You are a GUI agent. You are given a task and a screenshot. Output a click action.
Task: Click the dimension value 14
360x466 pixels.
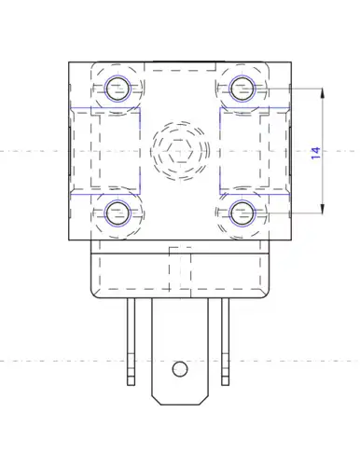(x=315, y=153)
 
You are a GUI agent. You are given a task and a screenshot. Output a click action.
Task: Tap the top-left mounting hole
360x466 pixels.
(x=118, y=89)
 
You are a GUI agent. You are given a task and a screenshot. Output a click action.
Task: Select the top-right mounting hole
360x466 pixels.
(x=242, y=89)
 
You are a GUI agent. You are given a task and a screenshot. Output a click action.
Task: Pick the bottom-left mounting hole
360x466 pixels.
(x=118, y=213)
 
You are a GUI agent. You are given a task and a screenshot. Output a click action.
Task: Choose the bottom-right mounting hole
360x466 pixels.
(x=242, y=213)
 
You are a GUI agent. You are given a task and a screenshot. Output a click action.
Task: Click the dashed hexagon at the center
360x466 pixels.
(x=180, y=151)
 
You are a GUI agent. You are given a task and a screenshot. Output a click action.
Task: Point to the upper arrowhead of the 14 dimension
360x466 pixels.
(x=323, y=93)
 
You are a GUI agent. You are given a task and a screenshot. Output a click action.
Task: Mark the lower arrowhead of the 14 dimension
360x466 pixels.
(x=323, y=209)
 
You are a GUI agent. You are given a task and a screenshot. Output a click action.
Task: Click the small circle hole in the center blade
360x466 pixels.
(x=180, y=369)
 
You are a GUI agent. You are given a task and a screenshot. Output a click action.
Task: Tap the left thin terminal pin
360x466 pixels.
(x=132, y=342)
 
